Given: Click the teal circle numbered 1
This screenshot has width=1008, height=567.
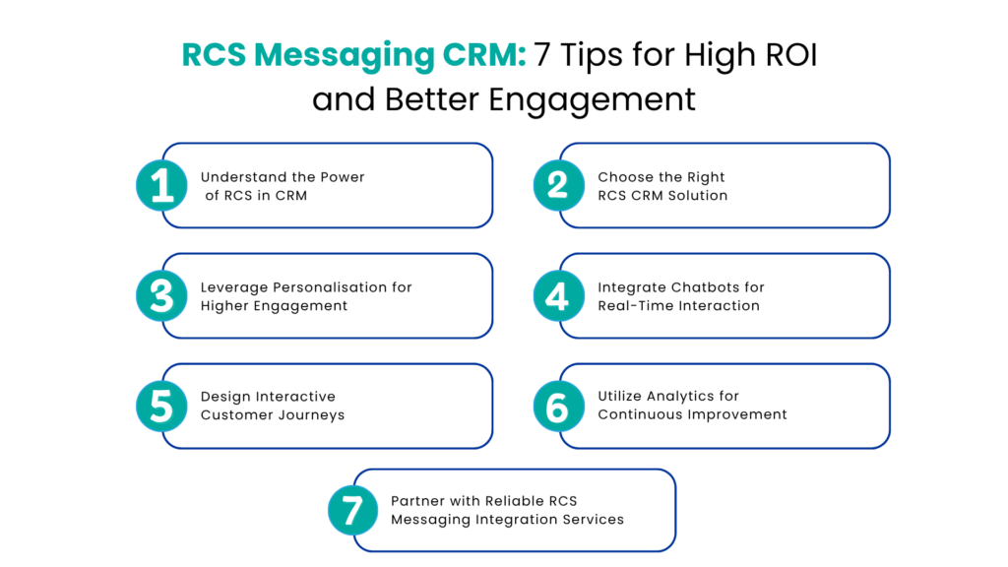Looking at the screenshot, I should (161, 185).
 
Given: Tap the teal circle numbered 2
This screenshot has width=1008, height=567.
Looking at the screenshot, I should (558, 185).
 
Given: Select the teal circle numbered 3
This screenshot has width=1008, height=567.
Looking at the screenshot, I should (161, 295).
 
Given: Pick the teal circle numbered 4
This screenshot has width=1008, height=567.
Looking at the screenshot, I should (558, 295).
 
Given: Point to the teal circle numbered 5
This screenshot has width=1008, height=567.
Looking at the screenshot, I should (161, 406).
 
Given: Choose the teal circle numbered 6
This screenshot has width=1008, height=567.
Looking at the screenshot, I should (558, 406).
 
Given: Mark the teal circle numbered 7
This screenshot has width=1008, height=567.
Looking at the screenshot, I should (352, 510).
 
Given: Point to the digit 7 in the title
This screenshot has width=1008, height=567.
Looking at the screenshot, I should (542, 57).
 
